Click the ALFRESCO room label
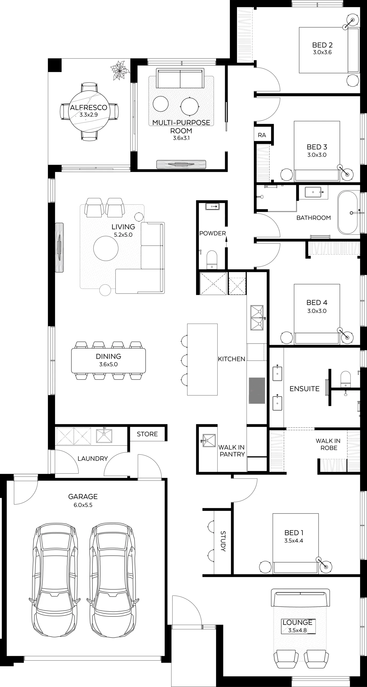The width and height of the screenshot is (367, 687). tap(89, 108)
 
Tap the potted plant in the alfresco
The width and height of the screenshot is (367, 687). tap(120, 71)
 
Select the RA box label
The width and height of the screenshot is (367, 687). tap(262, 135)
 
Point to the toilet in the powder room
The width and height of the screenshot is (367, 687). tap(212, 259)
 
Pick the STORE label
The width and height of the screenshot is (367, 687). tap(147, 434)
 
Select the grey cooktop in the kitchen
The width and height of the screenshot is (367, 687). tap(257, 390)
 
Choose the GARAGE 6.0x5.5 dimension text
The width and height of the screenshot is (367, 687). tap(83, 505)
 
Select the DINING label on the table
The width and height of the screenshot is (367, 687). tap(108, 356)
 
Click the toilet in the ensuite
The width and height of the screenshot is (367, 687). tap(346, 379)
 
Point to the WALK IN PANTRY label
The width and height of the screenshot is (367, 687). tap(232, 451)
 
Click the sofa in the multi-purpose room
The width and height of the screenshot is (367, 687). tap(180, 78)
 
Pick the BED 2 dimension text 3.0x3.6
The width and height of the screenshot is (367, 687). tap(322, 52)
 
